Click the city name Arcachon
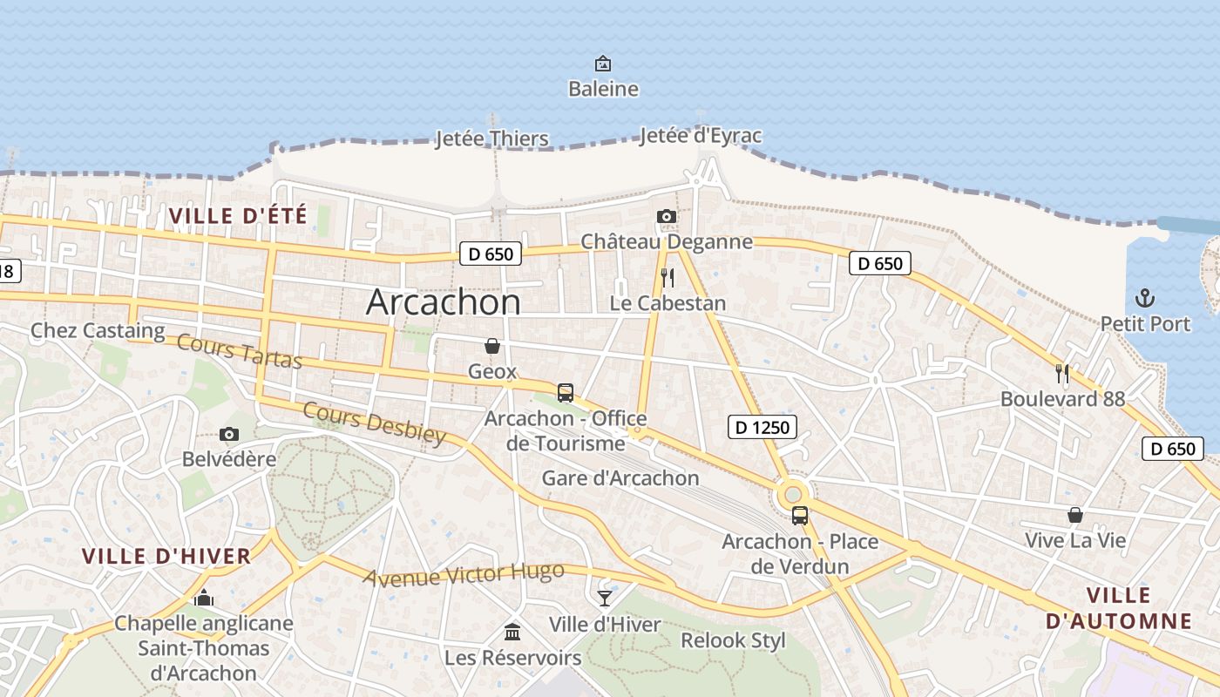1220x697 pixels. pyautogui.click(x=444, y=301)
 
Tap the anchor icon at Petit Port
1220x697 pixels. pyautogui.click(x=1145, y=299)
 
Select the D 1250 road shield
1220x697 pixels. pyautogui.click(x=762, y=426)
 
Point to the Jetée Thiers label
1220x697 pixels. pyautogui.click(x=491, y=139)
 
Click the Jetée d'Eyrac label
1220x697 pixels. pyautogui.click(x=700, y=135)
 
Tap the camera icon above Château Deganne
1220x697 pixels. pyautogui.click(x=667, y=216)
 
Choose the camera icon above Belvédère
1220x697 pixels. pyautogui.click(x=229, y=434)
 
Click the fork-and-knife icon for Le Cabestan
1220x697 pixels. pyautogui.click(x=668, y=278)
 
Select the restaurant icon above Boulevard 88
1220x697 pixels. pyautogui.click(x=1062, y=374)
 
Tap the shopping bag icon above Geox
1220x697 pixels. pyautogui.click(x=492, y=346)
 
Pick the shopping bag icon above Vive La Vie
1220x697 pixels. pyautogui.click(x=1075, y=515)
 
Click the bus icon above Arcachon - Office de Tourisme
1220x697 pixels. pyautogui.click(x=566, y=392)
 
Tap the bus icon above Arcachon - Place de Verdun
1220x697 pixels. pyautogui.click(x=800, y=515)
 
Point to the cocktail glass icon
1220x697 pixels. pyautogui.click(x=605, y=598)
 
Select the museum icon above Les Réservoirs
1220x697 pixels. pyautogui.click(x=512, y=631)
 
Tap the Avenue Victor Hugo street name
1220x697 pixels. pyautogui.click(x=464, y=575)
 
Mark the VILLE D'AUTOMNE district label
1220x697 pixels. pyautogui.click(x=1119, y=608)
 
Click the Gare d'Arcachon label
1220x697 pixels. pyautogui.click(x=620, y=477)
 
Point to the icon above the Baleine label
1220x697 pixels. pyautogui.click(x=603, y=64)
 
